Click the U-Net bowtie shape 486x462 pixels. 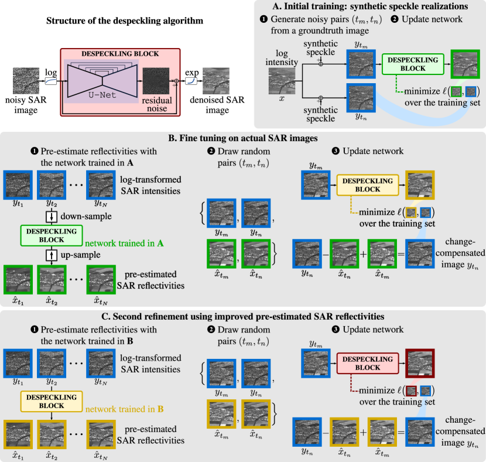click(x=102, y=81)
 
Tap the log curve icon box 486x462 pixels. click(x=51, y=81)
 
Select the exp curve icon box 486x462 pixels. click(x=191, y=81)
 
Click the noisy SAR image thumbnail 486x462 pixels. click(x=26, y=81)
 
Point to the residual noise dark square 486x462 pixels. click(x=156, y=81)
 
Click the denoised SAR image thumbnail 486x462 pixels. click(x=216, y=81)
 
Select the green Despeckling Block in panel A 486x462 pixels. click(x=413, y=64)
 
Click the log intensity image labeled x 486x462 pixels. click(x=282, y=81)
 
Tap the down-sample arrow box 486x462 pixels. click(x=52, y=216)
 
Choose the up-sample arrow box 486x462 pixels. click(x=52, y=255)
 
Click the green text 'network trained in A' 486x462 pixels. click(x=124, y=243)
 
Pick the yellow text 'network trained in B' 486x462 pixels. click(x=124, y=409)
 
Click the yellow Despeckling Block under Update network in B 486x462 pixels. click(x=368, y=185)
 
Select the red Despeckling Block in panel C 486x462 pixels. click(x=368, y=363)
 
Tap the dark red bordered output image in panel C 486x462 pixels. click(x=420, y=364)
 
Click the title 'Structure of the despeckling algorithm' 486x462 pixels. click(x=125, y=20)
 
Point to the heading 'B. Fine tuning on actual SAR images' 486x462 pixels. click(x=243, y=138)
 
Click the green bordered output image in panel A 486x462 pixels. click(x=466, y=64)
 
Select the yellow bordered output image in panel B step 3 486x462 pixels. click(x=420, y=185)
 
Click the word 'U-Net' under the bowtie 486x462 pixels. click(x=102, y=95)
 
